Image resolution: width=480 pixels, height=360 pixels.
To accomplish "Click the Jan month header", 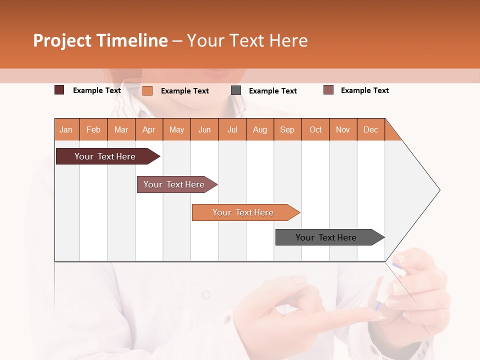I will click(66, 129).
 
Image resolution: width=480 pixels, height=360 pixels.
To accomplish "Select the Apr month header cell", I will click(149, 129).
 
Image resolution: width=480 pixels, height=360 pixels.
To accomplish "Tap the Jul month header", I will click(232, 129).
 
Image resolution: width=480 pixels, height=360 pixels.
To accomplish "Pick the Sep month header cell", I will click(287, 129).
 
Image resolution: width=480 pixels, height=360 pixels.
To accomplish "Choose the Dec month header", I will click(370, 129).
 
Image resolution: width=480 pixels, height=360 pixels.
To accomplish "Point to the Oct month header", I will click(315, 129).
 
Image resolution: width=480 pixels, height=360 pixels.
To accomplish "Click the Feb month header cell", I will click(93, 129).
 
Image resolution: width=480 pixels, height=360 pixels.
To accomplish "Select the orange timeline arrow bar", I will click(244, 212).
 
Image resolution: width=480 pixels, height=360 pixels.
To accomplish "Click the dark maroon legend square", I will click(59, 90).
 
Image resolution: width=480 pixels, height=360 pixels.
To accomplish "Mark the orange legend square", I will click(147, 90).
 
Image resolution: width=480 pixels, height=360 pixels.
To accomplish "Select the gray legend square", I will click(236, 90).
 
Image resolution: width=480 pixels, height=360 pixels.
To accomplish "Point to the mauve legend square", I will click(328, 90).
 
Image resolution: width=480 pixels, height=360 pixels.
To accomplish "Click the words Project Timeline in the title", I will click(100, 40).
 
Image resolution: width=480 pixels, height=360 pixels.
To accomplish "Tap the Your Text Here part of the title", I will click(247, 40).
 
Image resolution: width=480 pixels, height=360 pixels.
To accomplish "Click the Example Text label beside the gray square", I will click(272, 91).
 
